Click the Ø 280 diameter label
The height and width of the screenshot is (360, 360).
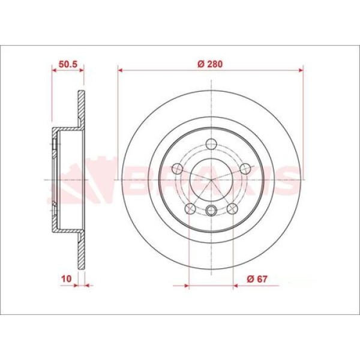point(210,64)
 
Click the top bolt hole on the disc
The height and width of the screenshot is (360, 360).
point(211,143)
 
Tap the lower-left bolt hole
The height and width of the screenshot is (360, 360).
point(190,208)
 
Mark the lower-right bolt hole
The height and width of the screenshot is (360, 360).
point(233,208)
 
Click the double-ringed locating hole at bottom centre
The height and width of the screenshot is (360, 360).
point(211,210)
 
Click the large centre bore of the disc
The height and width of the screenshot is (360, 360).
point(211,179)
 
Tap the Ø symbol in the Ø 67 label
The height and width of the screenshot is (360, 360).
point(248,277)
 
